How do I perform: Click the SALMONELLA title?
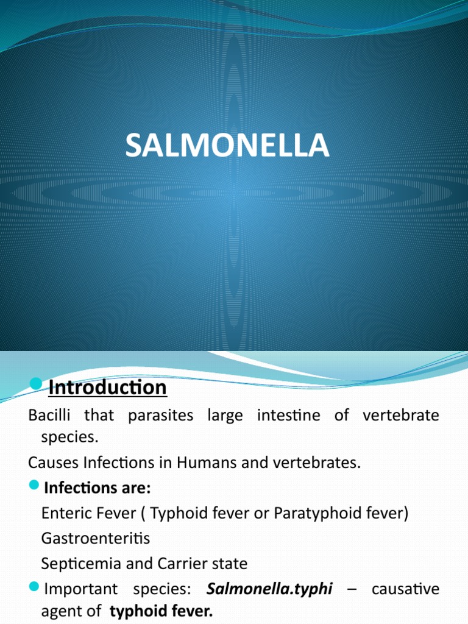[227, 147]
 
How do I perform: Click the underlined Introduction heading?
[107, 388]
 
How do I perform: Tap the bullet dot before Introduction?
[36, 383]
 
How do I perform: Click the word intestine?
[288, 416]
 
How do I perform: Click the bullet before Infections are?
[34, 487]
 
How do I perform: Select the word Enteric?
[64, 513]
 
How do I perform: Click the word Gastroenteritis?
[96, 538]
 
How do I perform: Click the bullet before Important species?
[34, 588]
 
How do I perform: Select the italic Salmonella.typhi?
[269, 589]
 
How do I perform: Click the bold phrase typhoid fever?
[161, 611]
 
